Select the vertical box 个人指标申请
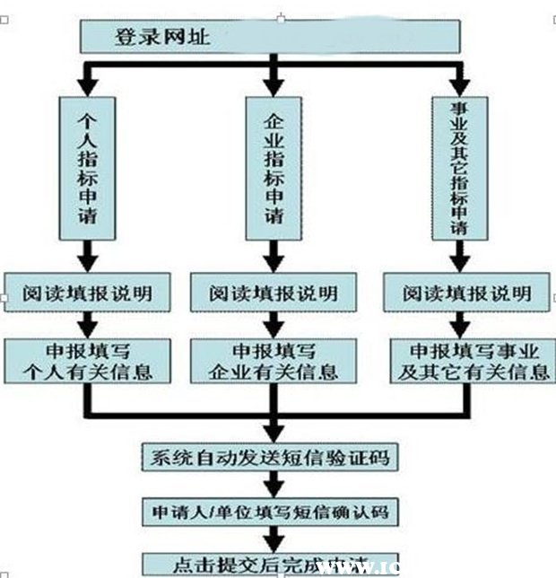click(x=87, y=166)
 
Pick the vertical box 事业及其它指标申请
click(x=460, y=166)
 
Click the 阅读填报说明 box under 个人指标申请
click(x=87, y=293)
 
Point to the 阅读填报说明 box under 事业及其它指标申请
click(x=467, y=293)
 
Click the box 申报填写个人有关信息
click(x=88, y=360)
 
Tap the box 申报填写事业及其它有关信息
click(x=467, y=360)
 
